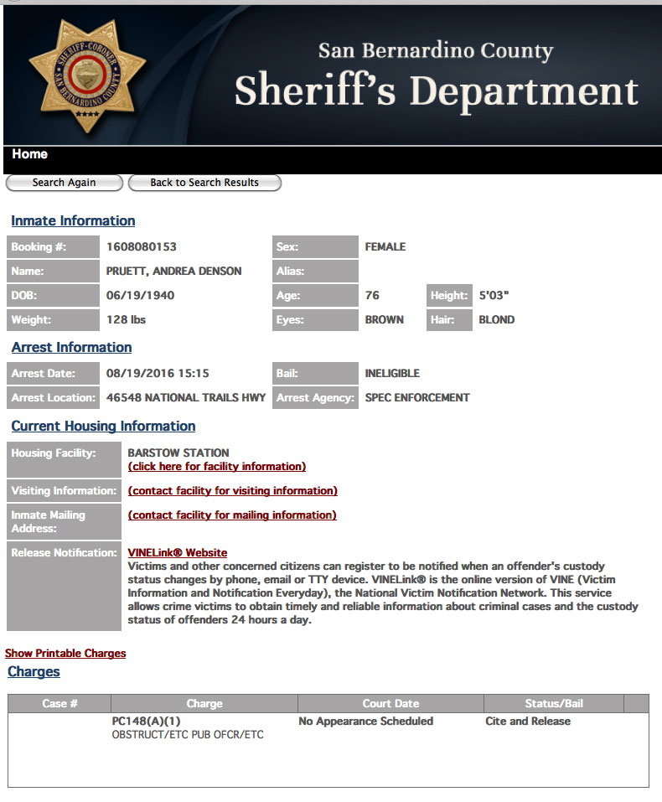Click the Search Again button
click(65, 183)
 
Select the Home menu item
click(30, 154)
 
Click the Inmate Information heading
click(73, 221)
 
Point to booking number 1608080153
click(142, 247)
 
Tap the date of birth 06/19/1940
click(141, 296)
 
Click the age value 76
click(372, 296)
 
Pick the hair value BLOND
click(497, 320)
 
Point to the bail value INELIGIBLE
click(392, 374)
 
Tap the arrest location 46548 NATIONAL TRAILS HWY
click(186, 398)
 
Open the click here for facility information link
click(217, 467)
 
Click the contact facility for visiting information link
click(233, 491)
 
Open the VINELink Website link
click(178, 553)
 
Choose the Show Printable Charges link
click(65, 654)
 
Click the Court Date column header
click(390, 704)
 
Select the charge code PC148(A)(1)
click(147, 722)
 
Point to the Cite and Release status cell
click(528, 722)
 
